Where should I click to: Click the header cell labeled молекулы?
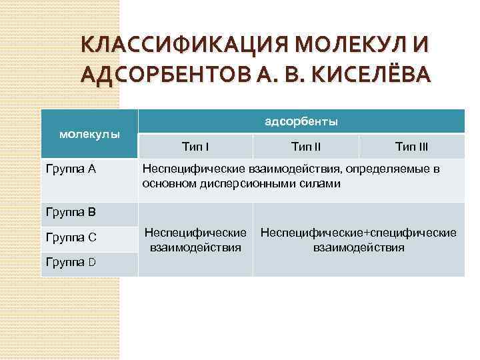(x=89, y=134)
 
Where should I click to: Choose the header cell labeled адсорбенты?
(x=301, y=121)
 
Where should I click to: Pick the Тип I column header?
(x=195, y=146)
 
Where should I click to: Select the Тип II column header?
(x=306, y=146)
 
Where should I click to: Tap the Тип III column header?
(x=411, y=146)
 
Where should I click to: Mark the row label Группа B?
(x=71, y=213)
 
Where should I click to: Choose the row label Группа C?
(x=71, y=237)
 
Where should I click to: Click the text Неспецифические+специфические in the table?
(x=359, y=233)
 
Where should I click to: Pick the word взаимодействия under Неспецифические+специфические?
(x=359, y=247)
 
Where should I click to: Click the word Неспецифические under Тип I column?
(x=195, y=233)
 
